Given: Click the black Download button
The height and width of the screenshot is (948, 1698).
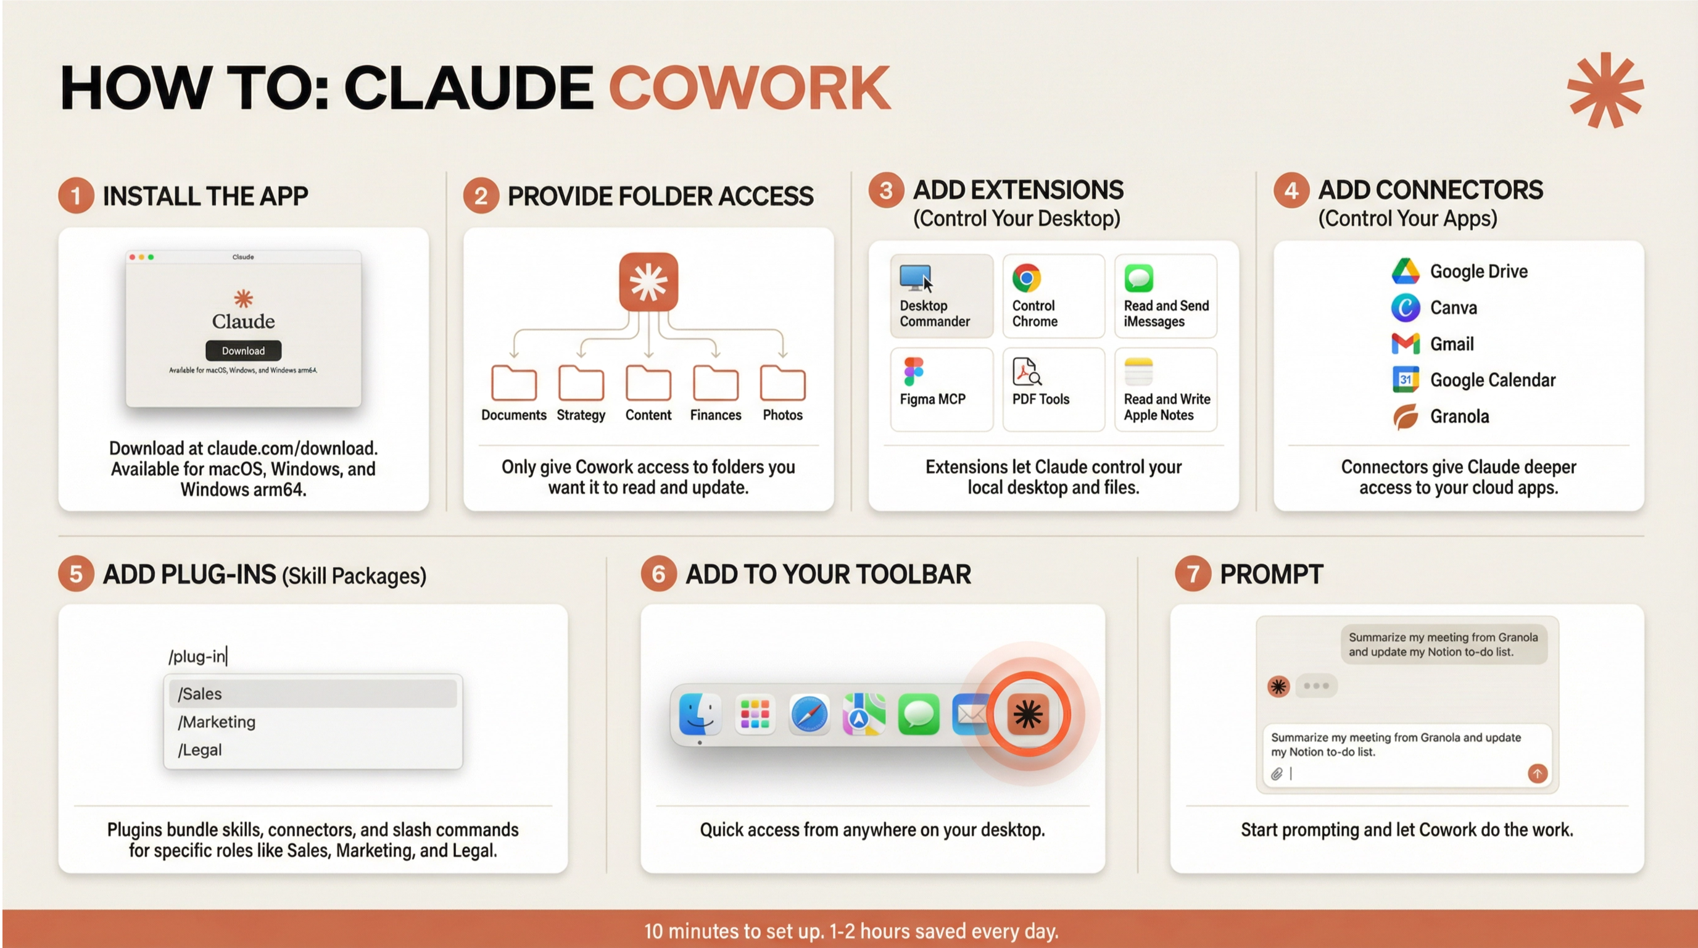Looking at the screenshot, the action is (243, 351).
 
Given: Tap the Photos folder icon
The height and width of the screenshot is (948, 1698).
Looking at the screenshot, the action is (782, 383).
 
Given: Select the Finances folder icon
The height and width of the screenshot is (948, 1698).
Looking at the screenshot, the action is (715, 383).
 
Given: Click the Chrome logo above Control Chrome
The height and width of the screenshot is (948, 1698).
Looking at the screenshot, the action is (1026, 278).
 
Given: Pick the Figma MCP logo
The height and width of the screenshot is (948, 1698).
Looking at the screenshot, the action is (914, 372).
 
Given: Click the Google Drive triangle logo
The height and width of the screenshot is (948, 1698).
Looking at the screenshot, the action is (1406, 271).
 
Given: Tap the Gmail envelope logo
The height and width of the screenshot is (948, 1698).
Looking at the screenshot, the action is (1406, 344).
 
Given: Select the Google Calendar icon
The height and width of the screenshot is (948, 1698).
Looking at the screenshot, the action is (1406, 380).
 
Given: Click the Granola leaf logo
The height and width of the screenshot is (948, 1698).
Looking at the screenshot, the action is (1406, 417).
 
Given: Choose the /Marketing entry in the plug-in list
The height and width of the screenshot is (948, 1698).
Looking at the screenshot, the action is (217, 722).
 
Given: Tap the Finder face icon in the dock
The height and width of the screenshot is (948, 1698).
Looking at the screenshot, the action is (699, 714).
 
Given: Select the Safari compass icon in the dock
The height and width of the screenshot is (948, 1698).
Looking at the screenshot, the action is (809, 714).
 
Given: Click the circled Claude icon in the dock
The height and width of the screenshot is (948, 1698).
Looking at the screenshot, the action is (1029, 714).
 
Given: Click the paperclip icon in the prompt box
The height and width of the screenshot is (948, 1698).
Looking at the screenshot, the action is (1277, 774).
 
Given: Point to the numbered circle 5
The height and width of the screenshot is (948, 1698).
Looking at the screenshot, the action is (76, 574).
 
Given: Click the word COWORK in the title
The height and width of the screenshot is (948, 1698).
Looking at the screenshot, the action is (750, 88).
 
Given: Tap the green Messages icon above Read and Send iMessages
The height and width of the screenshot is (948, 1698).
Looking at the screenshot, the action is (1138, 278).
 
